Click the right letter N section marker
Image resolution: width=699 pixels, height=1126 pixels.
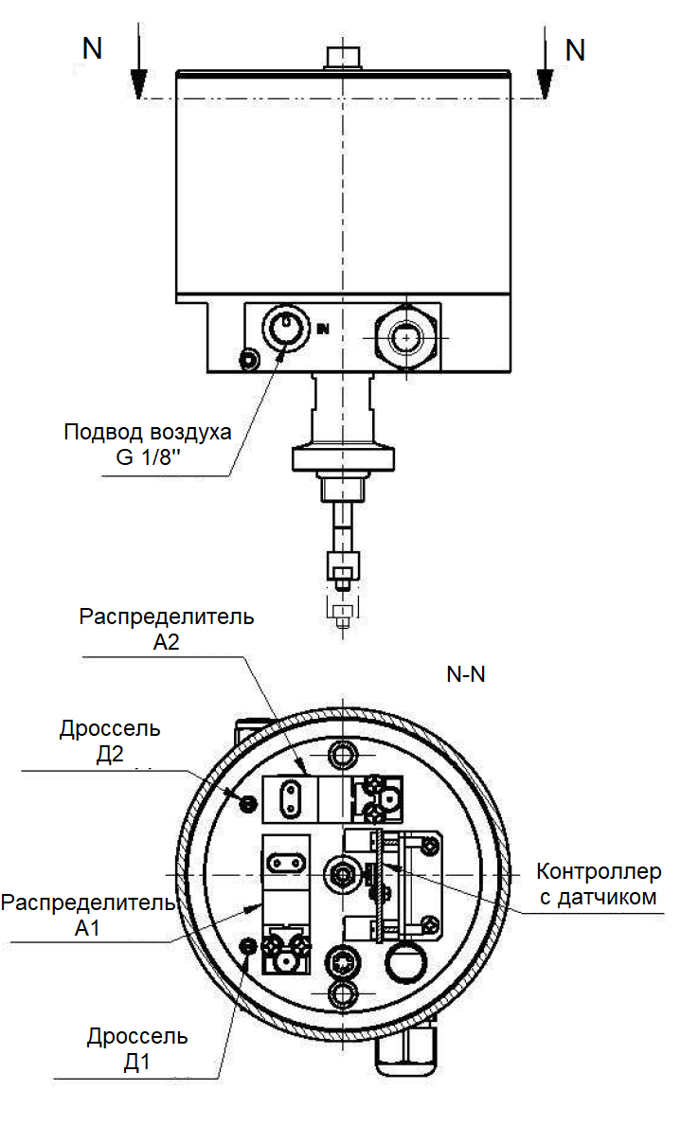point(575,49)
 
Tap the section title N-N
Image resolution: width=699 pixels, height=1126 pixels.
point(466,675)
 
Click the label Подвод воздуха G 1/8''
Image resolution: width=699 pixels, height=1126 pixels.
point(148,446)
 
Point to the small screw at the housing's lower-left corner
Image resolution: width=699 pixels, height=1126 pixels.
point(249,359)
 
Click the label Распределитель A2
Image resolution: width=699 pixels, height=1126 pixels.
point(167,629)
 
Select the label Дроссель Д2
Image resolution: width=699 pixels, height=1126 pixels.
point(110,741)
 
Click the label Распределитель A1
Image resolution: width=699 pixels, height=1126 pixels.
point(88,914)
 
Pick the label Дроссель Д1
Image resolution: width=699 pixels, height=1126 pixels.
point(137,1048)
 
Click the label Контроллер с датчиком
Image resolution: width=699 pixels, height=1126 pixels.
point(599,884)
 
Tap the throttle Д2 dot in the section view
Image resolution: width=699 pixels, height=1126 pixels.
point(248,804)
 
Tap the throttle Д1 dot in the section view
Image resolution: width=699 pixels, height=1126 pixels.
point(249,946)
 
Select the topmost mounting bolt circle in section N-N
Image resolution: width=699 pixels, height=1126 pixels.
point(342,755)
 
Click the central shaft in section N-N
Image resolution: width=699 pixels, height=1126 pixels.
point(340,872)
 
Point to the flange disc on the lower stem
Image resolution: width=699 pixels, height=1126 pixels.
point(342,461)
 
